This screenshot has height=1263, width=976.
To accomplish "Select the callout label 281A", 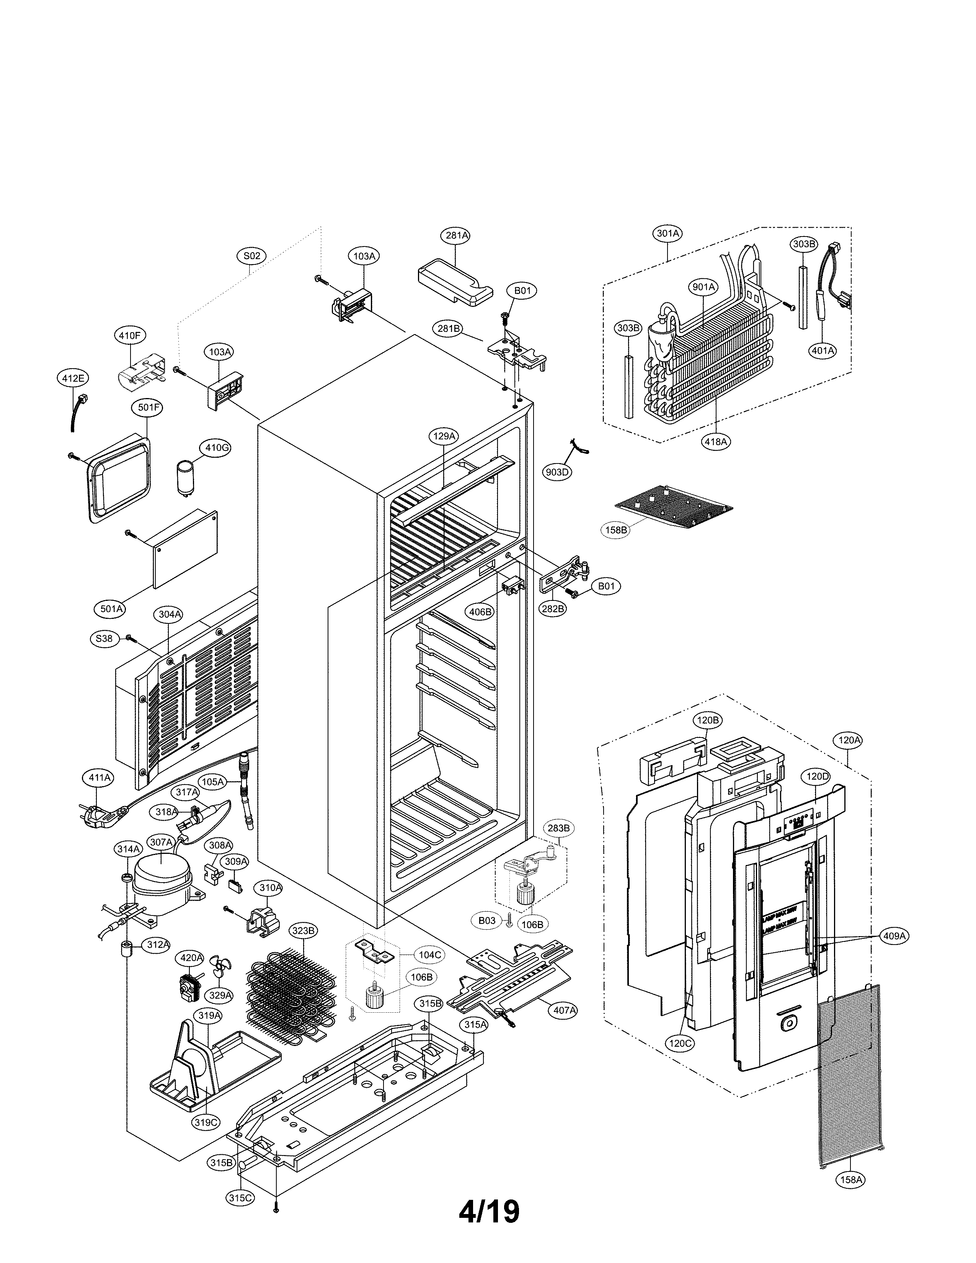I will coord(456,235).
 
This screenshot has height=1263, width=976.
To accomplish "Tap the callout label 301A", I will coord(668,233).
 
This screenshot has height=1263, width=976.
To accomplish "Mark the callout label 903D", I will coord(557,472).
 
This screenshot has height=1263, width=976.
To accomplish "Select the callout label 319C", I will coord(206,1122).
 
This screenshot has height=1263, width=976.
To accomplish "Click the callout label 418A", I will coord(716,441).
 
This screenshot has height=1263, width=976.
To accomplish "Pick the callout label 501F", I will coord(148,407).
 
